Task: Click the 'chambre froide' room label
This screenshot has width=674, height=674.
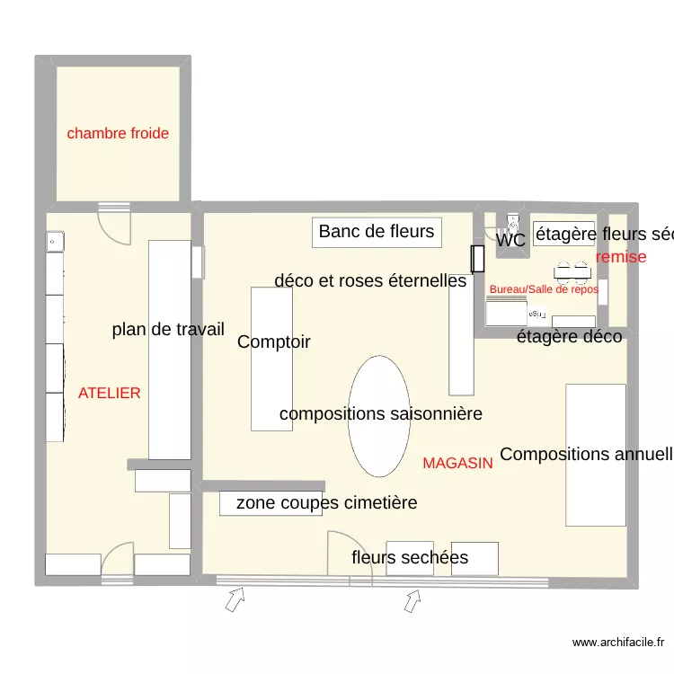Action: [118, 134]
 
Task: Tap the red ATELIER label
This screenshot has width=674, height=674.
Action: [109, 394]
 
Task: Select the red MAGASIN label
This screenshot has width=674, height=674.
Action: [457, 464]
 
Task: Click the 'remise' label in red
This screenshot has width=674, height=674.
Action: [621, 257]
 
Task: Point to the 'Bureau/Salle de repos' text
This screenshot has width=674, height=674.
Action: [543, 289]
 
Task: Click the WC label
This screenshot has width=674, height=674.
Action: [510, 241]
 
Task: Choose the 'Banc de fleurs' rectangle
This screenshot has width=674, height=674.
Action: [377, 232]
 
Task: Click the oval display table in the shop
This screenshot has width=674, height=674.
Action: [379, 416]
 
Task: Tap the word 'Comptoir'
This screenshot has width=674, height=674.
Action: [274, 342]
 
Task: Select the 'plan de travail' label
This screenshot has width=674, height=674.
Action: [168, 330]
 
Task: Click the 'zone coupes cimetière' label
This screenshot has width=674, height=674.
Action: [326, 503]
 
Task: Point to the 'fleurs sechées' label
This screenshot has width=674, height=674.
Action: [410, 558]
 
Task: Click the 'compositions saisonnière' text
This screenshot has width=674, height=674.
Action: [380, 414]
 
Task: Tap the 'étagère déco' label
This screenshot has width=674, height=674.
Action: [569, 337]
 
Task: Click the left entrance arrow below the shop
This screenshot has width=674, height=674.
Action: [235, 599]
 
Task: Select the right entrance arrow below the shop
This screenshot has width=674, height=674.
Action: [412, 599]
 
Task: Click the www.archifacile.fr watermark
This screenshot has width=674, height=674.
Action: [619, 643]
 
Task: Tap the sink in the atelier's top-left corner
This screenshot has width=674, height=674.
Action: [55, 241]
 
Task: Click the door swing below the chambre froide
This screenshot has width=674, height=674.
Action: [114, 226]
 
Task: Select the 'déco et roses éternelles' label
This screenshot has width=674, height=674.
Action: [370, 281]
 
